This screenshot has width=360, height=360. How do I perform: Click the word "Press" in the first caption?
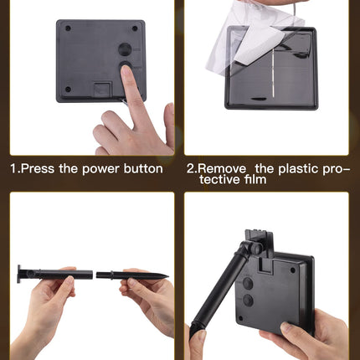[38, 169]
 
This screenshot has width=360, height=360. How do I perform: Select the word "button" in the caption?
[143, 169]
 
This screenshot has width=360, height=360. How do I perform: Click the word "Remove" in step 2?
[224, 169]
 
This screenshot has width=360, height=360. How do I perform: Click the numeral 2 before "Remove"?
[191, 169]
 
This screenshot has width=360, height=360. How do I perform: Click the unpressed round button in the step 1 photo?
[125, 49]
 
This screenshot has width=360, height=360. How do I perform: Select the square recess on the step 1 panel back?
[102, 90]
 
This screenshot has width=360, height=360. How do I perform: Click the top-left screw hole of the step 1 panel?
[68, 28]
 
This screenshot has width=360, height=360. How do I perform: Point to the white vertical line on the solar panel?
[272, 74]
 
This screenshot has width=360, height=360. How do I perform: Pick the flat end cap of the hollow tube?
[19, 274]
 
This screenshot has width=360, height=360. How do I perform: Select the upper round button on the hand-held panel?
[248, 283]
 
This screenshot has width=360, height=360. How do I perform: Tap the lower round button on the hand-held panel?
[248, 301]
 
